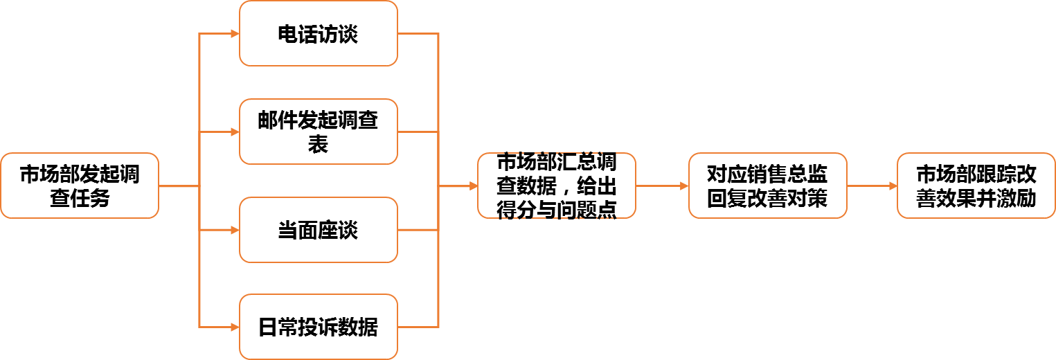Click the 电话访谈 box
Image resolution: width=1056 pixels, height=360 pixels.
[x=319, y=33]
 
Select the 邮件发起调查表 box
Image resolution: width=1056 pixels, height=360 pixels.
[x=319, y=132]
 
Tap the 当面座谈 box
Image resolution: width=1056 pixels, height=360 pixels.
[x=319, y=230]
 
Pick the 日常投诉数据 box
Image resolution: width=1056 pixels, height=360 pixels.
[x=319, y=327]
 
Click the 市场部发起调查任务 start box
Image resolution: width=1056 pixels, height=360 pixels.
[x=80, y=186]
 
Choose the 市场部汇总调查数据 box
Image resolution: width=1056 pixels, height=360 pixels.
[x=557, y=186]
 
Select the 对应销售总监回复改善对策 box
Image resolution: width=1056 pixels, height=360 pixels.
[x=767, y=186]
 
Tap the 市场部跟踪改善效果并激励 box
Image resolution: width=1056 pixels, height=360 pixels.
[x=976, y=186]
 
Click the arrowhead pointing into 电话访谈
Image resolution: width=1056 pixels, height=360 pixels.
[x=235, y=33]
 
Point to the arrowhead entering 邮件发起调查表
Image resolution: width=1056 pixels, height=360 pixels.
[x=235, y=132]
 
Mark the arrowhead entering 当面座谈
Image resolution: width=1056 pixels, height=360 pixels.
[x=235, y=230]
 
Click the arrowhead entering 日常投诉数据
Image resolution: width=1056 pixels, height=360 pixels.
[x=235, y=327]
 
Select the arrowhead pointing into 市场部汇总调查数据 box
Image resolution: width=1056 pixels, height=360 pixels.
[x=474, y=186]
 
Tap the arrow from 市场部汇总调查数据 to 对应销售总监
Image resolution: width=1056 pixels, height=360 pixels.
[x=662, y=186]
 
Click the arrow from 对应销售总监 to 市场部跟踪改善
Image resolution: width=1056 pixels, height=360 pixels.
[x=872, y=186]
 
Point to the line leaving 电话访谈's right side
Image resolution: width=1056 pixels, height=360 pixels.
[x=418, y=33]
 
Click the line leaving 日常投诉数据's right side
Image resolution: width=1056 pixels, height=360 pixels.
[x=418, y=327]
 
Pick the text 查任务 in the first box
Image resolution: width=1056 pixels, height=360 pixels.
[x=80, y=199]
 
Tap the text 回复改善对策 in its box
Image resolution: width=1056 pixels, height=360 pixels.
[x=767, y=199]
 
